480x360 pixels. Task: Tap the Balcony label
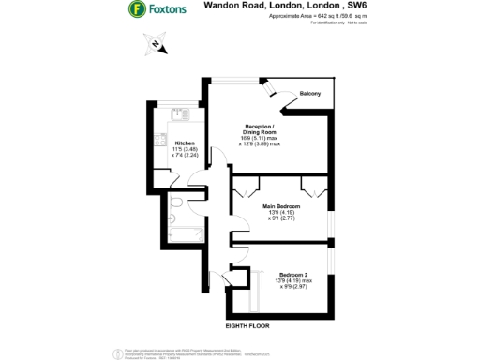pyautogui.click(x=310, y=94)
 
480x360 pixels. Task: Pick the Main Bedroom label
pyautogui.click(x=281, y=205)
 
